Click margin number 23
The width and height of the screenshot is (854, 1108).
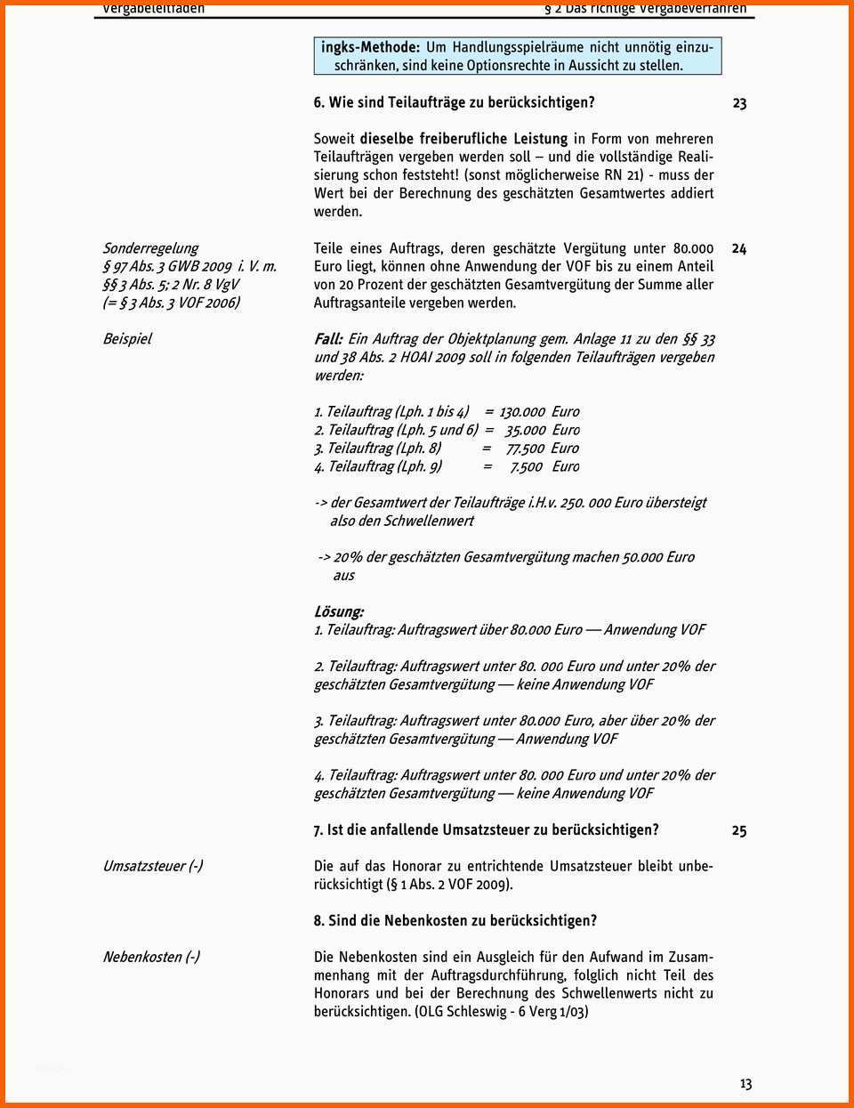coord(739,103)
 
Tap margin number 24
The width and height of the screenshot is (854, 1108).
coord(738,249)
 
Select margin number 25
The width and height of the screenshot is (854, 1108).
coord(738,830)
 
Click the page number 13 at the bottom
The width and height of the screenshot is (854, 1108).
coord(745,1084)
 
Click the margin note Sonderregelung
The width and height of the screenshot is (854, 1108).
coord(150,248)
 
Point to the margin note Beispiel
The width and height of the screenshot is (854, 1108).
coord(127,339)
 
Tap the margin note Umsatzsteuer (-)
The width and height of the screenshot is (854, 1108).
coord(152,866)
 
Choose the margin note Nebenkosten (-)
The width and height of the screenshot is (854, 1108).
coord(151,957)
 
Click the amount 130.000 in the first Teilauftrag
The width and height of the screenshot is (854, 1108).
coord(521,412)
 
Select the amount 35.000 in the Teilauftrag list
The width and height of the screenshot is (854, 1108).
coord(526,430)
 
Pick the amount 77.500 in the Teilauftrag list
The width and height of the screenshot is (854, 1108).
coord(525,449)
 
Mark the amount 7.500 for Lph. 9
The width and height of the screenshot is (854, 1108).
coord(526,466)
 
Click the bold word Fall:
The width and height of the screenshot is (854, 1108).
coord(328,339)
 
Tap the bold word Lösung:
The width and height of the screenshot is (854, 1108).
coord(339,611)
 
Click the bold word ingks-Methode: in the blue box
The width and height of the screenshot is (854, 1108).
coord(370,47)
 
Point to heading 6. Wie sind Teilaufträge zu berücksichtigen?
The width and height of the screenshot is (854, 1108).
coord(454,102)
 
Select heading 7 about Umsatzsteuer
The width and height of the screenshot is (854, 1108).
coord(486,829)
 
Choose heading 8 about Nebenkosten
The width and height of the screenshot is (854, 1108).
coord(455,920)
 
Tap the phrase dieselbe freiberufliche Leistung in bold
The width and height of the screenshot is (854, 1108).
coord(463,139)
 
